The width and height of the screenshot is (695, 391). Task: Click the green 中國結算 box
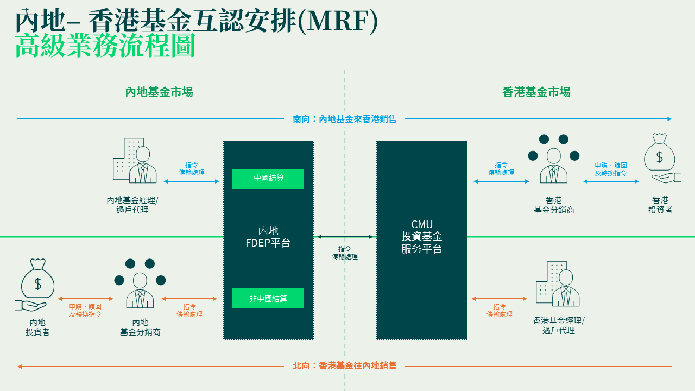click(x=268, y=179)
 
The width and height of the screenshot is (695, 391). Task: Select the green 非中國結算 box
click(x=268, y=299)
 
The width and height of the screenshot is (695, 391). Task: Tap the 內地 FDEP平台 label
click(x=268, y=237)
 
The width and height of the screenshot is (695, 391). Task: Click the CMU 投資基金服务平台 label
click(x=422, y=237)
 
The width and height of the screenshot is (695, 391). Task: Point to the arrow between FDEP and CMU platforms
click(x=345, y=237)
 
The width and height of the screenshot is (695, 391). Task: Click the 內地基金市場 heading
click(x=159, y=92)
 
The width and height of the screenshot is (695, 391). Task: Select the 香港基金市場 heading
click(x=536, y=92)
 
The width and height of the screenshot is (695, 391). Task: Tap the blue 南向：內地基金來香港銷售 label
click(x=345, y=119)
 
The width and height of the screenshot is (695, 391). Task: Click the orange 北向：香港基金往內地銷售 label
click(x=345, y=366)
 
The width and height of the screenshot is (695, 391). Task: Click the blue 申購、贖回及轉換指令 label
click(x=611, y=169)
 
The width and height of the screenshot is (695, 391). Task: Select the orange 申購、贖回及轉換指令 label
click(x=85, y=310)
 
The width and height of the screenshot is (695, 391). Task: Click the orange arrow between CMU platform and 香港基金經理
click(x=499, y=299)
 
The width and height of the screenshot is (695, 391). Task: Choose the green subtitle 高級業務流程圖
click(x=105, y=47)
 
